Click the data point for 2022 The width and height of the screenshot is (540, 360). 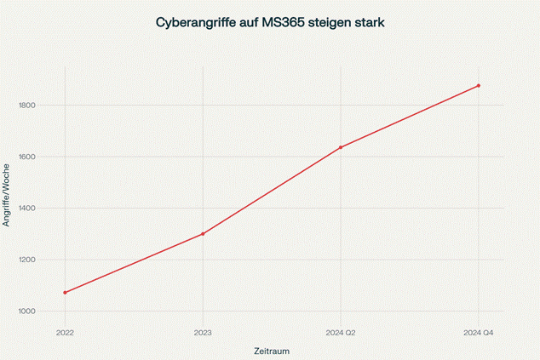[65, 293]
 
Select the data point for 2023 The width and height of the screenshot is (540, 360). [203, 234]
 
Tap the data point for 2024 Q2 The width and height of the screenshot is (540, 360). [341, 147]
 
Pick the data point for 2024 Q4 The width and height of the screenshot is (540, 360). [479, 86]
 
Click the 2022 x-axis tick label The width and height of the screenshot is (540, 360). [65, 332]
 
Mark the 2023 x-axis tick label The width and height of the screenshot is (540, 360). [203, 332]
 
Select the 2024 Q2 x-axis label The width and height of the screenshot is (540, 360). [341, 332]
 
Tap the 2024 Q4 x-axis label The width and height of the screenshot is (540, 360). [479, 332]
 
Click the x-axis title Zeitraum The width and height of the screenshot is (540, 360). [272, 351]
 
